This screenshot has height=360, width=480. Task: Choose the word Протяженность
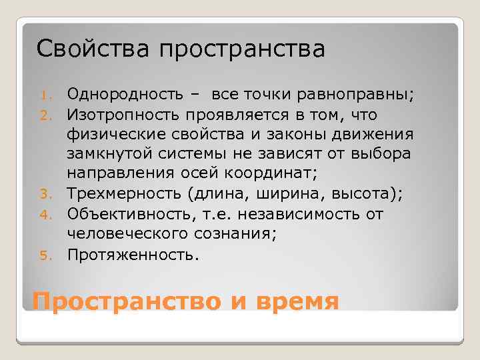131,254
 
